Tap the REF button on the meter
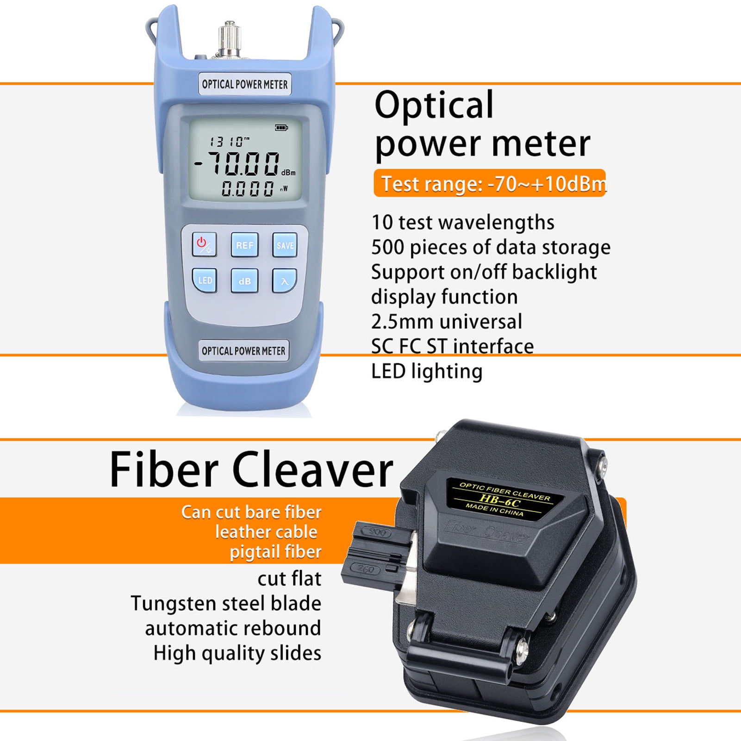click(x=244, y=245)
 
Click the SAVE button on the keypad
click(x=285, y=245)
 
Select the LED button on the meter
click(x=205, y=280)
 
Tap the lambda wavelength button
click(x=284, y=281)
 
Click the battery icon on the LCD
click(x=281, y=127)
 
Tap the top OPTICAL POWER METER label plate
click(x=245, y=84)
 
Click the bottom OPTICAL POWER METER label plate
click(x=243, y=351)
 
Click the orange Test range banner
click(x=490, y=184)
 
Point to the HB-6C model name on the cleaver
click(x=500, y=500)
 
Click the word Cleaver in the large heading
click(x=312, y=470)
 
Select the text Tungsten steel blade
click(x=226, y=604)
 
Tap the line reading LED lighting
click(x=427, y=371)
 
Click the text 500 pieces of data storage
click(x=491, y=247)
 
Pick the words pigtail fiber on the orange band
click(x=275, y=552)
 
